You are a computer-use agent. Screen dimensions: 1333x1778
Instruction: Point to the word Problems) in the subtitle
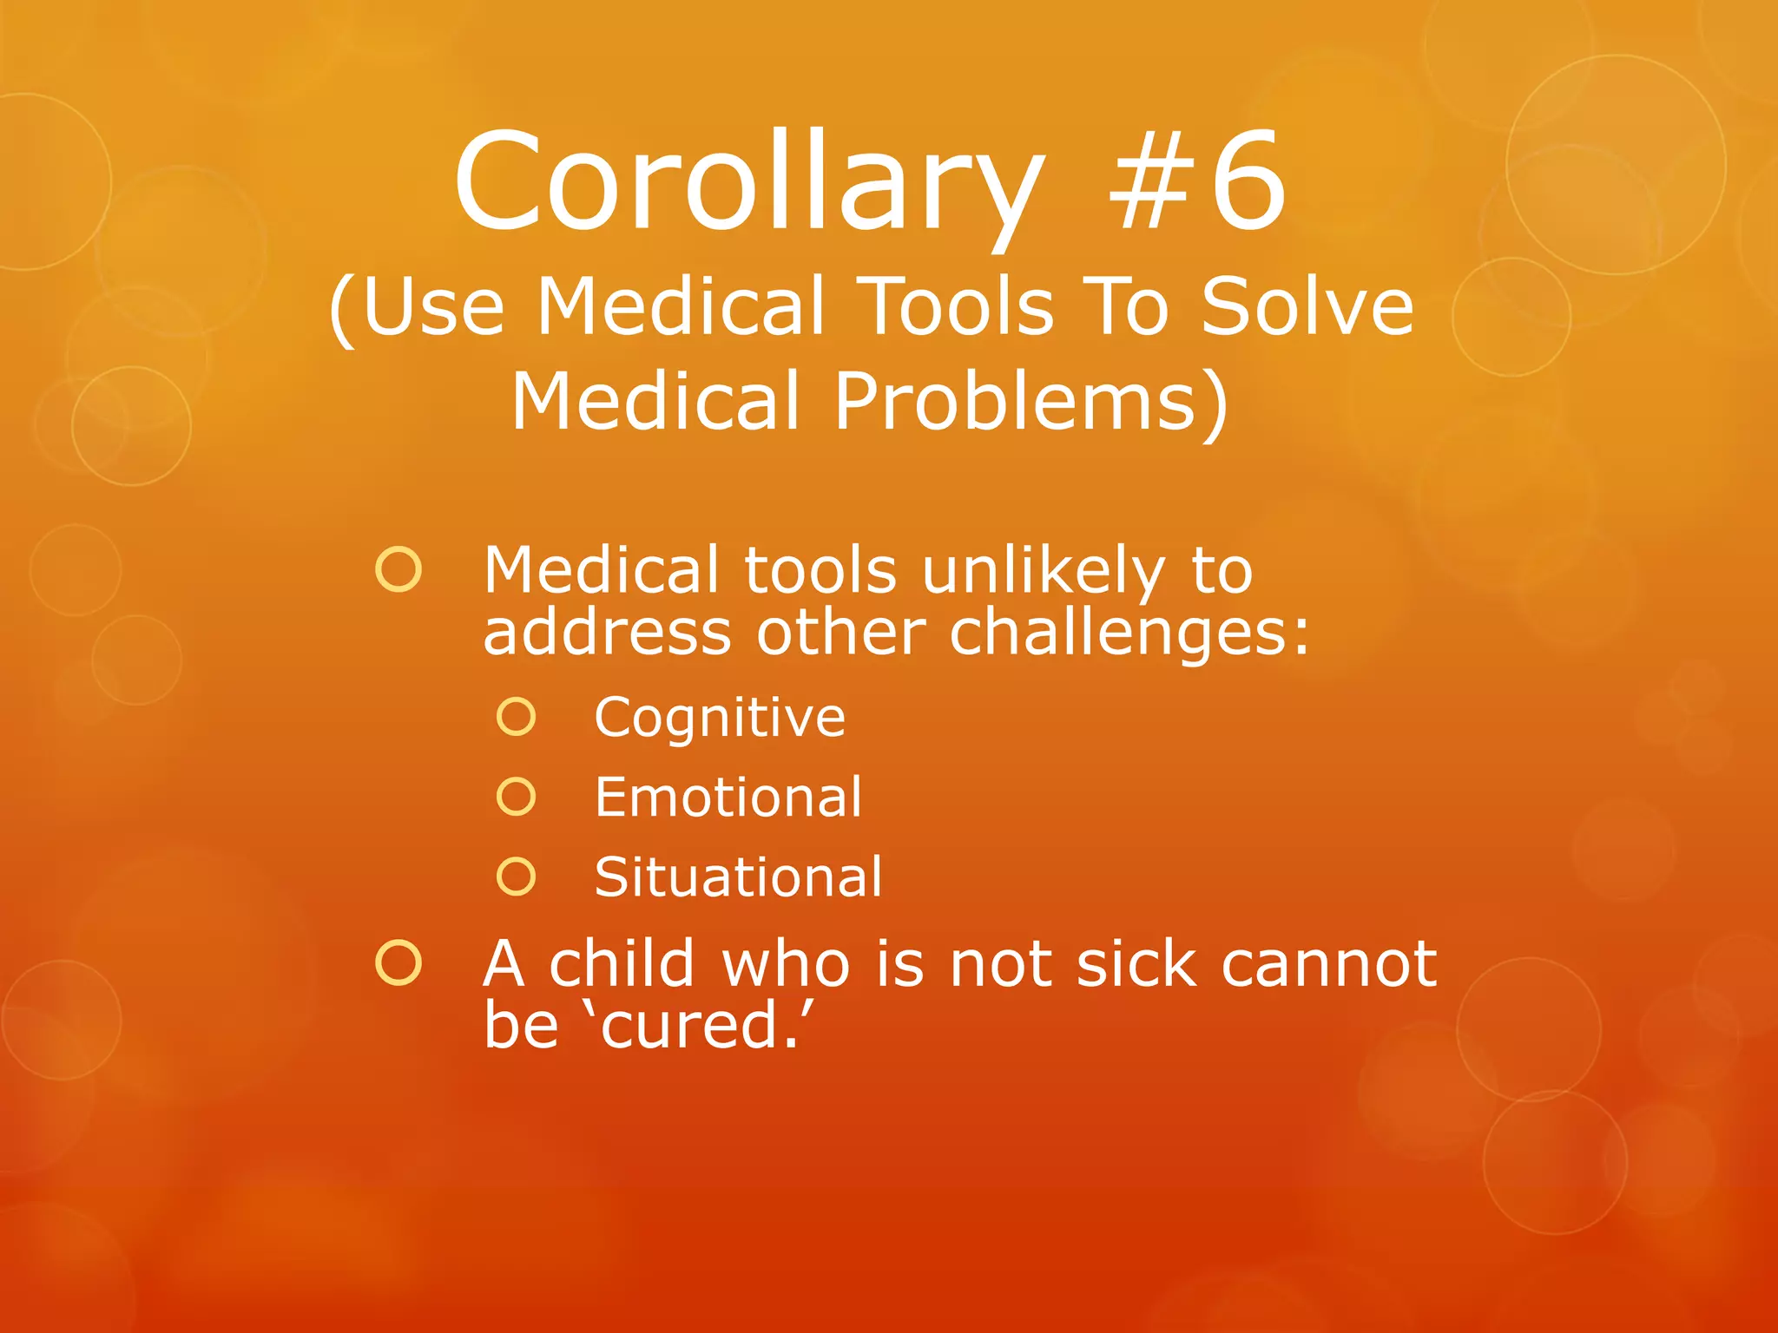pos(1031,402)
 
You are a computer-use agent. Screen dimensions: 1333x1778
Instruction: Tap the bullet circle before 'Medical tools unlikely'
pos(398,569)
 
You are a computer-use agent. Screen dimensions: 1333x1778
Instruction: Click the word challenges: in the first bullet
pos(1129,634)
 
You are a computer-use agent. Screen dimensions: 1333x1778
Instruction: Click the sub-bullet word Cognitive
pos(720,719)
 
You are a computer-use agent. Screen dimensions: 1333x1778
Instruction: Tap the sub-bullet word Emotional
pos(728,797)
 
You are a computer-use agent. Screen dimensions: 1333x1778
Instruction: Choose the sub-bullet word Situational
pos(738,877)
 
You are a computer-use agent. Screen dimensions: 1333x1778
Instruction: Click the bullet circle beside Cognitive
pos(517,717)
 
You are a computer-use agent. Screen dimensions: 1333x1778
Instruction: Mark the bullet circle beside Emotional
pos(517,796)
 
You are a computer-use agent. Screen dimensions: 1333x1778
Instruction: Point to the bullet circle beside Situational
pos(517,877)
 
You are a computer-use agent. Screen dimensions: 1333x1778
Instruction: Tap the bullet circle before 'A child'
pos(398,962)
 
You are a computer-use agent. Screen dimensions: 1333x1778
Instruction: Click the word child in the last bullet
pos(622,963)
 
